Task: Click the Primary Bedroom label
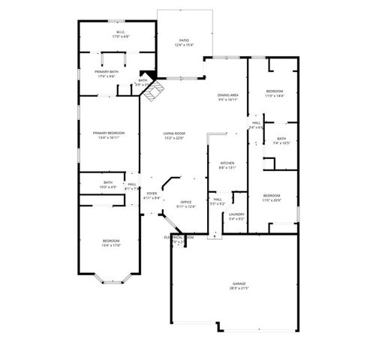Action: tap(110, 133)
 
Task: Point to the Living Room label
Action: tap(174, 133)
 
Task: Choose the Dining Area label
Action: tap(228, 95)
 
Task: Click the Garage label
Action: tap(239, 283)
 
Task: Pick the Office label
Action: tap(185, 202)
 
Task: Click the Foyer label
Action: tap(152, 193)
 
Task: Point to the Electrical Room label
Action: tap(179, 237)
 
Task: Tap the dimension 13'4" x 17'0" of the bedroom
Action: tap(110, 244)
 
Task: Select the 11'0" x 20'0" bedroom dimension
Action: tap(271, 199)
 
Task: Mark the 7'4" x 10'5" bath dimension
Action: tap(281, 142)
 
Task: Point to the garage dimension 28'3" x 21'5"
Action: tap(239, 288)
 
